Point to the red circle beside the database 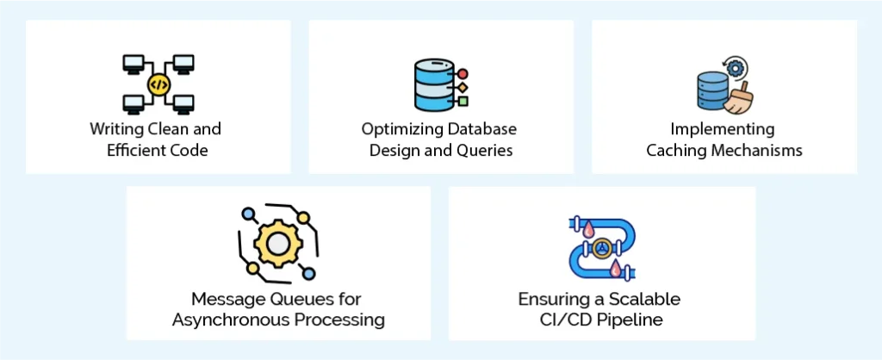point(463,73)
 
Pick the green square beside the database point(463,101)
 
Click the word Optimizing point(397,129)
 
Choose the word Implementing point(724,129)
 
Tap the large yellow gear point(277,245)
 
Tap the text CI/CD point(564,320)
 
